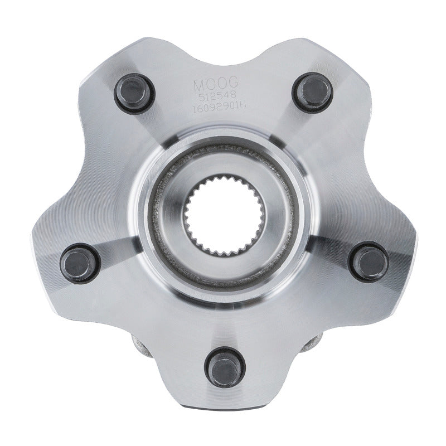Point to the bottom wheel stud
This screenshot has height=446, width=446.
[x=224, y=367]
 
